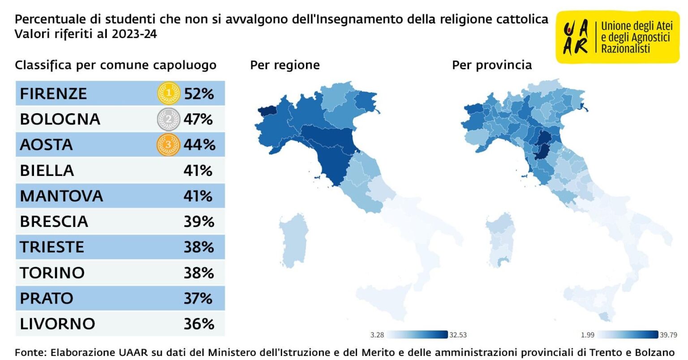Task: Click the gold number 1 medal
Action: (x=168, y=93)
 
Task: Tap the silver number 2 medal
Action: (x=168, y=119)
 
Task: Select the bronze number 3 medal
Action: (x=168, y=144)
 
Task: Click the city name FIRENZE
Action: (x=53, y=94)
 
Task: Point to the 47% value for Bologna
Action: (x=198, y=119)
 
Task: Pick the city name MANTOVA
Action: (x=61, y=196)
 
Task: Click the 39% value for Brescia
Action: (x=199, y=222)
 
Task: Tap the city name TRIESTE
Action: (x=52, y=247)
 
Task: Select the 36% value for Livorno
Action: (x=199, y=324)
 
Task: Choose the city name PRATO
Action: (x=47, y=298)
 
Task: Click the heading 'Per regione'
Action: (x=285, y=65)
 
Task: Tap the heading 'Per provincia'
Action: (x=492, y=65)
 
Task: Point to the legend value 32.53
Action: (x=458, y=335)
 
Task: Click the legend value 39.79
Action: (x=669, y=335)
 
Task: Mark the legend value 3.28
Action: (x=377, y=335)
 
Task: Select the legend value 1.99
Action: (x=588, y=335)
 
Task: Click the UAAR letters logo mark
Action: (x=576, y=37)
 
